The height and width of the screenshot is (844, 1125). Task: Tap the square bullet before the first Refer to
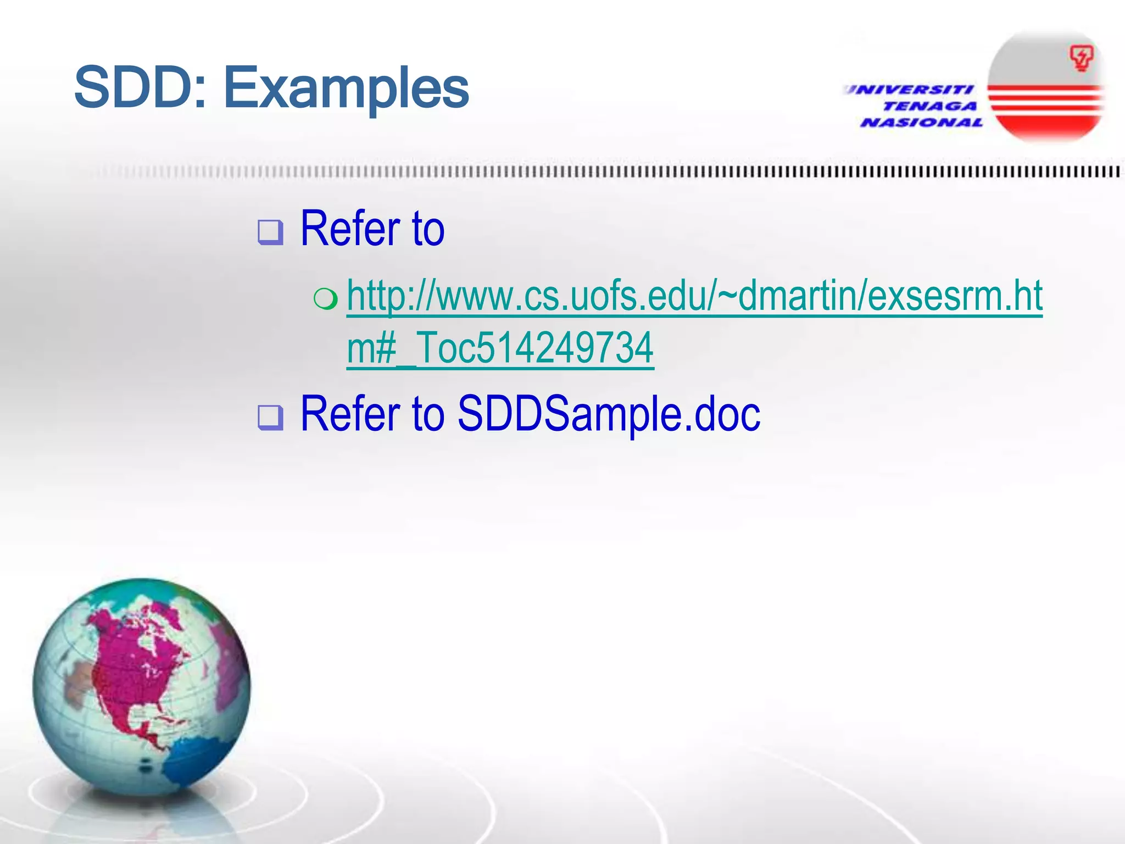(270, 232)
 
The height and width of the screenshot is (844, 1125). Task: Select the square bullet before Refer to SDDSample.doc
(270, 417)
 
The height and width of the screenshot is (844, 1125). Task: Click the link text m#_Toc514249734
(500, 348)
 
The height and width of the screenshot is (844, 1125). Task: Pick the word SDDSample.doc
(609, 414)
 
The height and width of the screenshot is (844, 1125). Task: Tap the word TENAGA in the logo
(930, 106)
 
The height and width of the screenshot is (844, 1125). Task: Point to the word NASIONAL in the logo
(922, 122)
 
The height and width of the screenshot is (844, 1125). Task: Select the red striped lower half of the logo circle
(1046, 113)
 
